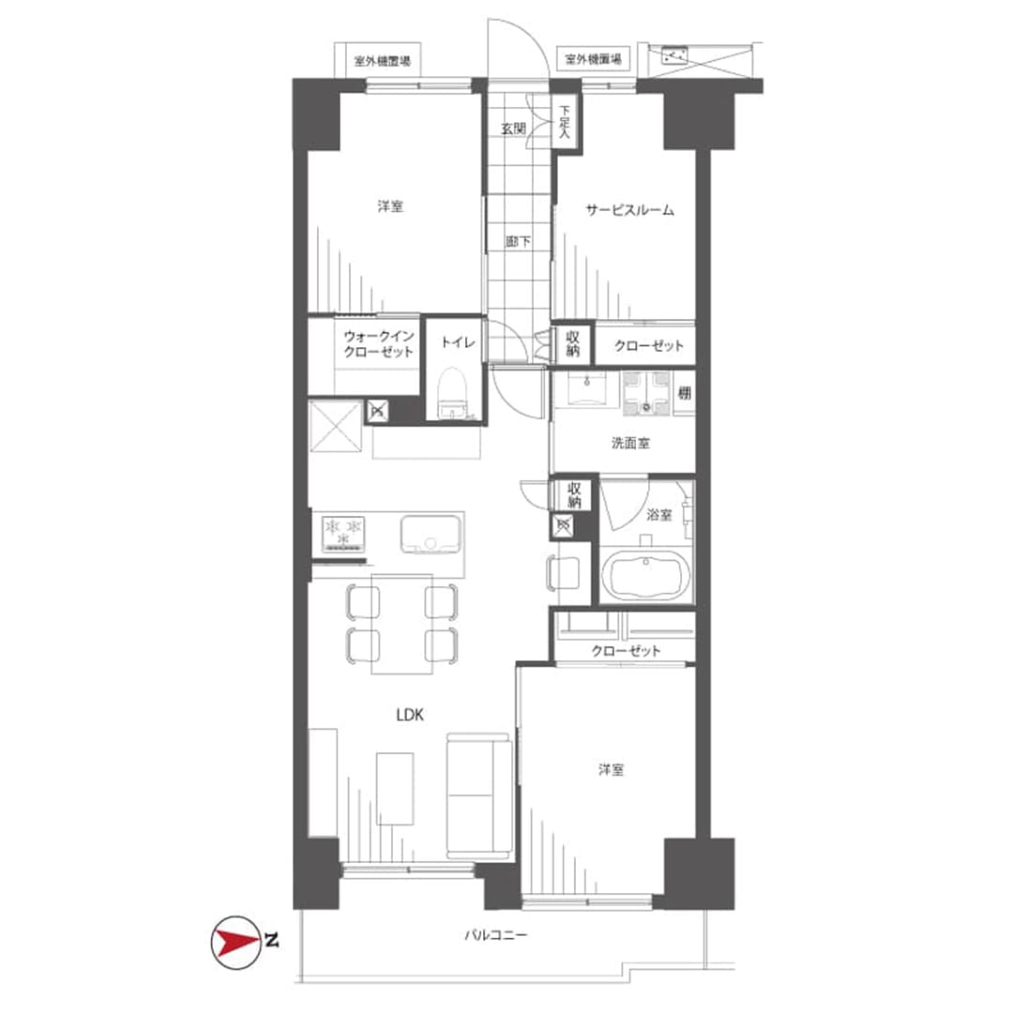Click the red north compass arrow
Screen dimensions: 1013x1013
pyautogui.click(x=236, y=942)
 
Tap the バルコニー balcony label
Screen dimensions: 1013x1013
pyautogui.click(x=496, y=935)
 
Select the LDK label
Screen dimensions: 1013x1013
pyautogui.click(x=410, y=715)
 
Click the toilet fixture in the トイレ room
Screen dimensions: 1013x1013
pyautogui.click(x=451, y=394)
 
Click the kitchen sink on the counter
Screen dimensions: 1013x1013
pyautogui.click(x=431, y=534)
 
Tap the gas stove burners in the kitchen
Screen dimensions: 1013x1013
pyautogui.click(x=344, y=533)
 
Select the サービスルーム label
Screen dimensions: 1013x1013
pyautogui.click(x=629, y=210)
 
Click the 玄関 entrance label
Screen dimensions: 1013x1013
pyautogui.click(x=514, y=129)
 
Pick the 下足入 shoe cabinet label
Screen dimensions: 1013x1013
pyautogui.click(x=565, y=123)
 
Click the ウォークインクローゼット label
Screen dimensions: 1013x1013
pyautogui.click(x=379, y=344)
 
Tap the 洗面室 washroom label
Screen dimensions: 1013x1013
pyautogui.click(x=630, y=443)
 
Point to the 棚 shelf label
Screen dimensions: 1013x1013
pyautogui.click(x=684, y=393)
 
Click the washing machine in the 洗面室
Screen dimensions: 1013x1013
pyautogui.click(x=646, y=392)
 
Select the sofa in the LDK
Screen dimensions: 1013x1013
pyautogui.click(x=478, y=796)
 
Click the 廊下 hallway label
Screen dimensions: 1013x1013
pyautogui.click(x=518, y=242)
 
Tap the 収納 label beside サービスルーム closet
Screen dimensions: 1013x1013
pyautogui.click(x=572, y=343)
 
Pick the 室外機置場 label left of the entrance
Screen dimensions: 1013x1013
pyautogui.click(x=383, y=62)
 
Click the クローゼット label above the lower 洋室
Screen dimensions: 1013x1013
pyautogui.click(x=626, y=651)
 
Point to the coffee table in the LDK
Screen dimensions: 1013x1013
pyautogui.click(x=395, y=789)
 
